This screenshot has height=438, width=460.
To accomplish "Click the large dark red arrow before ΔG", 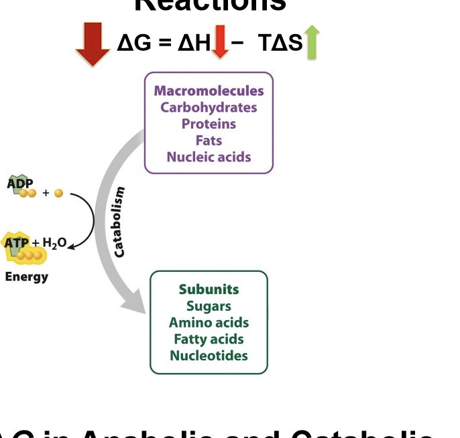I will [93, 44].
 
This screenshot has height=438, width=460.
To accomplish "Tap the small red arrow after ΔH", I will [219, 44].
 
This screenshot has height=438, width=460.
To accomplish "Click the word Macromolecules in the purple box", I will [209, 91].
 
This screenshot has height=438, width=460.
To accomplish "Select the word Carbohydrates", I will [209, 107].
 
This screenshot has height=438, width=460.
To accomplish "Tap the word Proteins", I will [209, 124].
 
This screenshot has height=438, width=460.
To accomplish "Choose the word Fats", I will [209, 141].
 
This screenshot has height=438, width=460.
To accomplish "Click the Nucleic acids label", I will [209, 157].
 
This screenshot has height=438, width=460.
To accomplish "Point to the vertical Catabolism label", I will [119, 222].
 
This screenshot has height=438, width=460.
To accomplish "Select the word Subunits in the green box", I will [209, 289].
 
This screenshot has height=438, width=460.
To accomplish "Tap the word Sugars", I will [209, 306].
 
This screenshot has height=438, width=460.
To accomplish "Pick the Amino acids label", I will [209, 323].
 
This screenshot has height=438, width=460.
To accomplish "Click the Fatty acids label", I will [209, 340].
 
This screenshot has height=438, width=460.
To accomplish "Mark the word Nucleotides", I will [209, 356].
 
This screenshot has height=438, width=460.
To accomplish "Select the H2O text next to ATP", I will [53, 243].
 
